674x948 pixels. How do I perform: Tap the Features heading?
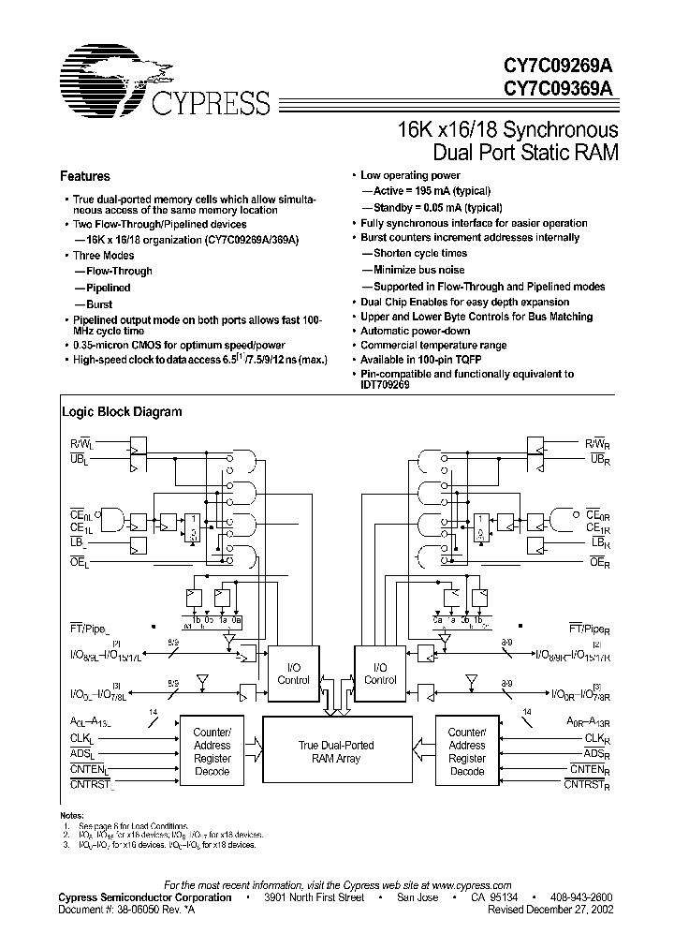(x=85, y=176)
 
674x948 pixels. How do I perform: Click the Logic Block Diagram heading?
(x=122, y=411)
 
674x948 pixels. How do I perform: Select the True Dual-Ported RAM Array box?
(x=335, y=752)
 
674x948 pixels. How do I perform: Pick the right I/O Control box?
(x=380, y=673)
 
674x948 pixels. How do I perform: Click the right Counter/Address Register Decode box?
(x=466, y=751)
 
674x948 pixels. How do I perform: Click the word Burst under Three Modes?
(x=99, y=304)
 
